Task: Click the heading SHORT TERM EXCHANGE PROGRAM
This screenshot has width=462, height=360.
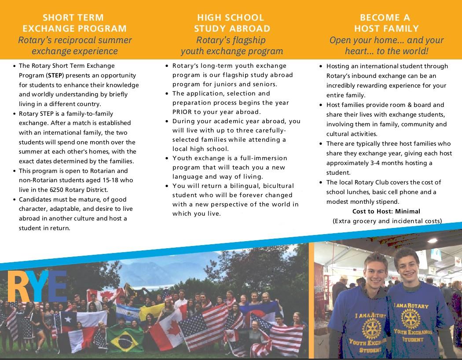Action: pos(74,23)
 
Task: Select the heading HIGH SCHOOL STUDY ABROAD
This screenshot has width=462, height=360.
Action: pos(231,23)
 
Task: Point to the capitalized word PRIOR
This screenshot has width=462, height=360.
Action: pos(183,112)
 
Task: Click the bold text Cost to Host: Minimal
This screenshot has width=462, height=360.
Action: pos(386,211)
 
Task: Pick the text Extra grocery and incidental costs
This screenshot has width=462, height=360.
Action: pos(387,221)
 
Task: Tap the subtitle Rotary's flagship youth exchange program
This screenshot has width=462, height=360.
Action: pos(231,46)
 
